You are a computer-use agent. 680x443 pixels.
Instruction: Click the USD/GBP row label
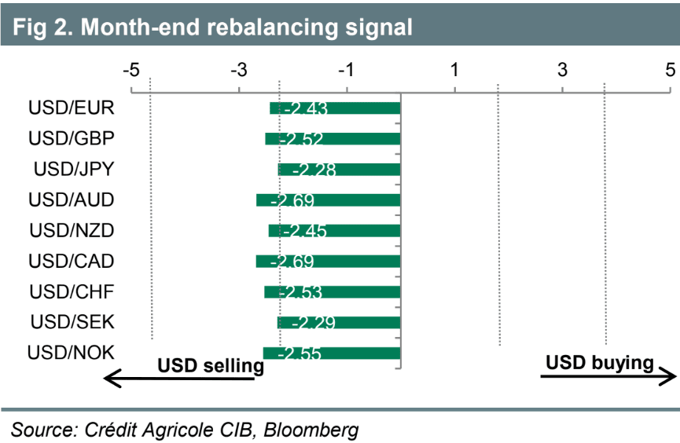click(x=72, y=138)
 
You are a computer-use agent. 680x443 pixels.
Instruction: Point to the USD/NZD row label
click(x=72, y=230)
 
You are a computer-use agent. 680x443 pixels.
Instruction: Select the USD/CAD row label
click(x=72, y=261)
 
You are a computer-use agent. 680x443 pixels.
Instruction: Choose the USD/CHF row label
click(x=72, y=291)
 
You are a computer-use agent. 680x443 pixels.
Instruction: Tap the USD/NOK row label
click(x=71, y=353)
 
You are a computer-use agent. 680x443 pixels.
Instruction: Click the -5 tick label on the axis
click(x=131, y=70)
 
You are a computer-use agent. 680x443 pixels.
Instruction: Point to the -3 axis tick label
click(x=239, y=70)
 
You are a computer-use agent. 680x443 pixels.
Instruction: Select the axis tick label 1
click(x=454, y=70)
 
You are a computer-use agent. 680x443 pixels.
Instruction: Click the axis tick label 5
click(x=670, y=70)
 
